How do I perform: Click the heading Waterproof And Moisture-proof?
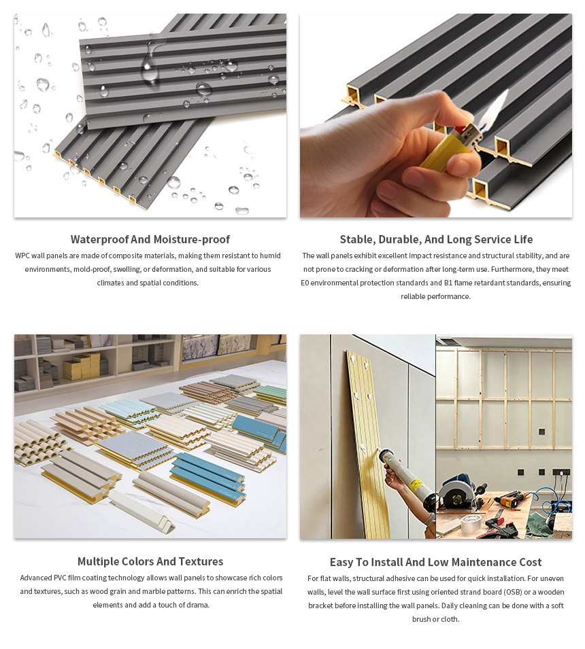coord(150,239)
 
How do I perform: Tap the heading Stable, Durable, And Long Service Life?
coord(436,239)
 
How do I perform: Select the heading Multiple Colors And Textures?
coord(150,561)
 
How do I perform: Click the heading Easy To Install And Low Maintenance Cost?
coord(436,562)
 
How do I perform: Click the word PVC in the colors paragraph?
coord(63,578)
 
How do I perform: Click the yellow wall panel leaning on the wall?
coord(368,435)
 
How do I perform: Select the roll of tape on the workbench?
coord(471,523)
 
